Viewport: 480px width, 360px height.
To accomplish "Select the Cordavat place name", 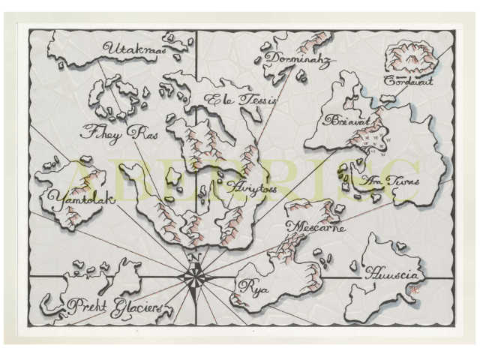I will pos(409,80).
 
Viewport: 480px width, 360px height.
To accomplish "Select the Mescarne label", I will pos(316,227).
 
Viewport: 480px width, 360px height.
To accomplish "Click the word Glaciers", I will pos(136,307).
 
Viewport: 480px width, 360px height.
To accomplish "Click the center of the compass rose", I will pos(194,278).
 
